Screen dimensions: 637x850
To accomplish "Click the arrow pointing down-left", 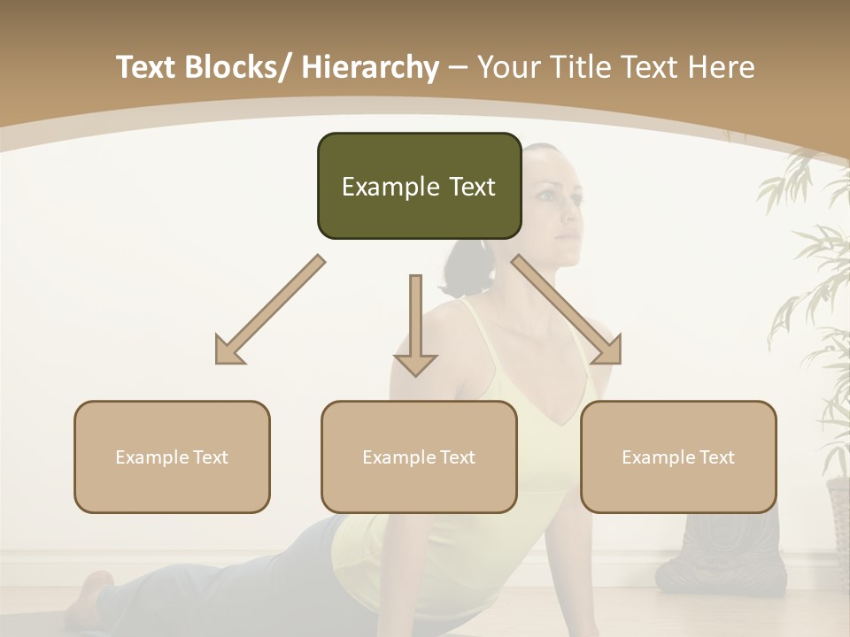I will [x=266, y=311].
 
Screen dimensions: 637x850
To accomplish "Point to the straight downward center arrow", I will [x=415, y=327].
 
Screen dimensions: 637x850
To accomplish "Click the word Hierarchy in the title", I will [x=370, y=68].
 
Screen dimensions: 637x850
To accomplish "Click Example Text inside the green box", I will [x=419, y=188].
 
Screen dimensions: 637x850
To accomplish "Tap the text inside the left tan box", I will [x=172, y=457].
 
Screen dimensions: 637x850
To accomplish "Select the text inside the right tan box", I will [x=678, y=457].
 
